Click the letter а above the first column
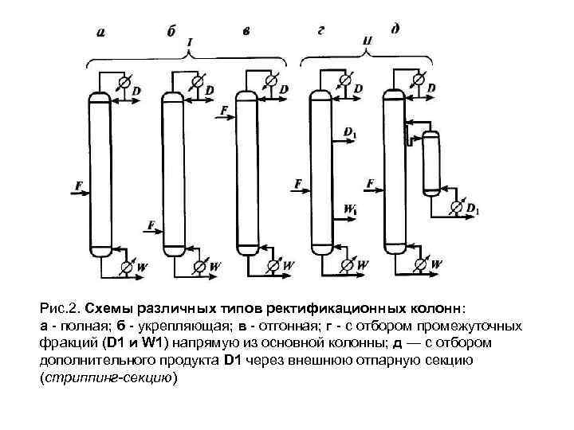pyautogui.click(x=100, y=33)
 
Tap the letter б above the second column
pyautogui.click(x=171, y=32)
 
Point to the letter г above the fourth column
pyautogui.click(x=320, y=31)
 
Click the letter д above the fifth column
pyautogui.click(x=395, y=29)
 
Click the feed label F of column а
pyautogui.click(x=78, y=186)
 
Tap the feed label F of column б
pyautogui.click(x=151, y=226)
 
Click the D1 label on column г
pyautogui.click(x=351, y=131)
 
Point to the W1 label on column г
pyautogui.click(x=351, y=209)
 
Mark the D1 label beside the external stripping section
pyautogui.click(x=473, y=209)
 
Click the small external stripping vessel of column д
pyautogui.click(x=431, y=163)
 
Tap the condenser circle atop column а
pyautogui.click(x=124, y=81)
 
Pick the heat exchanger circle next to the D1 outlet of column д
pyautogui.click(x=456, y=206)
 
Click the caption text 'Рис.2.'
pyautogui.click(x=60, y=307)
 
